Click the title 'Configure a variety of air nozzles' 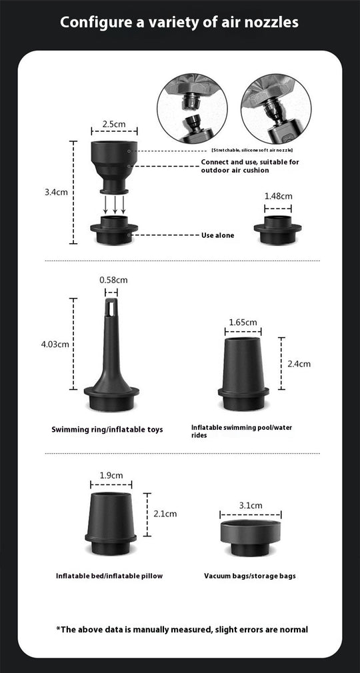(x=179, y=23)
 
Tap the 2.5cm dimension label (x=114, y=124)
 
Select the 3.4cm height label (x=56, y=192)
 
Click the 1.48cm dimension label (x=278, y=196)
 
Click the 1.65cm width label (x=243, y=323)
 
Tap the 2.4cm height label (x=298, y=364)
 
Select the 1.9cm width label (x=111, y=475)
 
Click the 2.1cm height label (x=165, y=514)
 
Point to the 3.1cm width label (x=250, y=506)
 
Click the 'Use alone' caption (x=217, y=235)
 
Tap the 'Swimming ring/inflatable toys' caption (x=107, y=429)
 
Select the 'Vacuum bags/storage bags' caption (x=250, y=576)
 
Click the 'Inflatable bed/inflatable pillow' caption (x=109, y=576)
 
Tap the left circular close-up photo (x=193, y=109)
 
